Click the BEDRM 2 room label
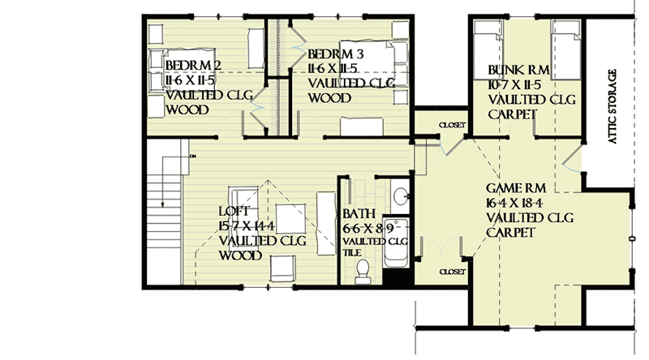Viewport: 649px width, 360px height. pyautogui.click(x=193, y=65)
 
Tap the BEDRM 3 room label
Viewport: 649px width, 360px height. pyautogui.click(x=335, y=54)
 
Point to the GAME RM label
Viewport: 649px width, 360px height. pyautogui.click(x=513, y=189)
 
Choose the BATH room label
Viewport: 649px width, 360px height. pyautogui.click(x=358, y=215)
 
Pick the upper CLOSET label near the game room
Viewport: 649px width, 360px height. pyautogui.click(x=452, y=125)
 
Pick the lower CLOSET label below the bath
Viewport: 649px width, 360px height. pyautogui.click(x=451, y=272)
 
